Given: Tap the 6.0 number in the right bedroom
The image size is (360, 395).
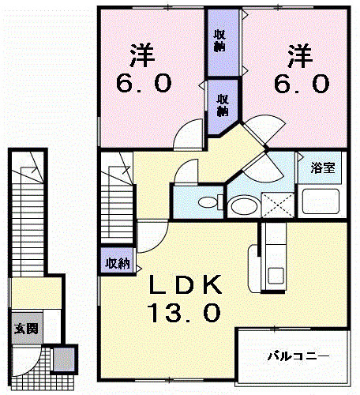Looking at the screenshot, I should [298, 82].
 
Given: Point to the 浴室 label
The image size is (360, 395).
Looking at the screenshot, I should [321, 168].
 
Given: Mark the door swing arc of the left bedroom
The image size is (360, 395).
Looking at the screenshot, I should [188, 134].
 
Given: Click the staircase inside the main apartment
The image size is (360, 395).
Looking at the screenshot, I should [115, 197].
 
